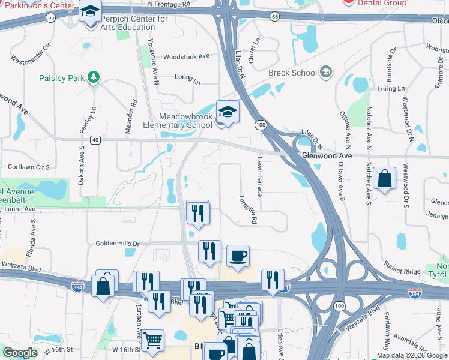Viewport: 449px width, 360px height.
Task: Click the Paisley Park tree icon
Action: click(93, 77)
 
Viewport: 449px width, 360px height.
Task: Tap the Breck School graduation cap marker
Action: click(325, 73)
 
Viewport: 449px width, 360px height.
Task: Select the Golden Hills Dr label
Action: click(118, 244)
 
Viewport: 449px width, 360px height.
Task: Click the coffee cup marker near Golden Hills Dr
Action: click(238, 257)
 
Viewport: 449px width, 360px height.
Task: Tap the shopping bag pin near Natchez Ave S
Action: click(384, 178)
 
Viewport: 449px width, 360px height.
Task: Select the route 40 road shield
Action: click(95, 140)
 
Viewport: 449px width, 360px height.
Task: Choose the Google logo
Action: click(20, 353)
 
